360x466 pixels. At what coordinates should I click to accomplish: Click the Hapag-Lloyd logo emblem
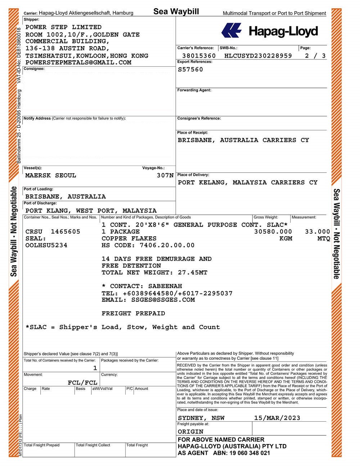pyautogui.click(x=231, y=30)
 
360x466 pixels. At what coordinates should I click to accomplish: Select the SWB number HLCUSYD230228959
pyautogui.click(x=258, y=56)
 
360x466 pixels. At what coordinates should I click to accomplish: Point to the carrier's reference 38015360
pyautogui.click(x=199, y=56)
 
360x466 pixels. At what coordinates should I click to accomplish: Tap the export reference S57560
pyautogui.click(x=190, y=70)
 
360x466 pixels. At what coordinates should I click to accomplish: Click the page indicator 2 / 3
pyautogui.click(x=315, y=56)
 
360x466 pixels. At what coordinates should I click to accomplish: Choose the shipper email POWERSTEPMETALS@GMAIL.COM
pyautogui.click(x=78, y=62)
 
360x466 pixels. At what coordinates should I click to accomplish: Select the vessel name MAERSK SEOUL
pyautogui.click(x=51, y=175)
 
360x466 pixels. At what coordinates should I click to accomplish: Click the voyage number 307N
pyautogui.click(x=165, y=175)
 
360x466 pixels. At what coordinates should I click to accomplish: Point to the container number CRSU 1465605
pyautogui.click(x=53, y=232)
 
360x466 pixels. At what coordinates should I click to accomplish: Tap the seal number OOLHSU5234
pyautogui.click(x=46, y=245)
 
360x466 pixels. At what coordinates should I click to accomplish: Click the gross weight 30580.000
pyautogui.click(x=273, y=232)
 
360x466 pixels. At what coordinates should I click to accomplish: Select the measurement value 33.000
pyautogui.click(x=317, y=232)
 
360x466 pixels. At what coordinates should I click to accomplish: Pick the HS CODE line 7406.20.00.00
pyautogui.click(x=148, y=245)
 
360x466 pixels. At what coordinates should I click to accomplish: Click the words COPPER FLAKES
pyautogui.click(x=129, y=238)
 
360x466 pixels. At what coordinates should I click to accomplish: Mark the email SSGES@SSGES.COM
pyautogui.click(x=148, y=300)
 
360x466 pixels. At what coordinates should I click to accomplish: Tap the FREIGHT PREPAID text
pyautogui.click(x=133, y=313)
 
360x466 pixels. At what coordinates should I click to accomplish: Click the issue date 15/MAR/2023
pyautogui.click(x=277, y=418)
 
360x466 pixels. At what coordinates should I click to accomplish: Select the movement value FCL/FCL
pyautogui.click(x=82, y=382)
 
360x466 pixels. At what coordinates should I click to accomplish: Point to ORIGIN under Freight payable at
pyautogui.click(x=190, y=431)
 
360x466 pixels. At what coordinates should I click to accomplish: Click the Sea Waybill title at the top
pyautogui.click(x=176, y=12)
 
